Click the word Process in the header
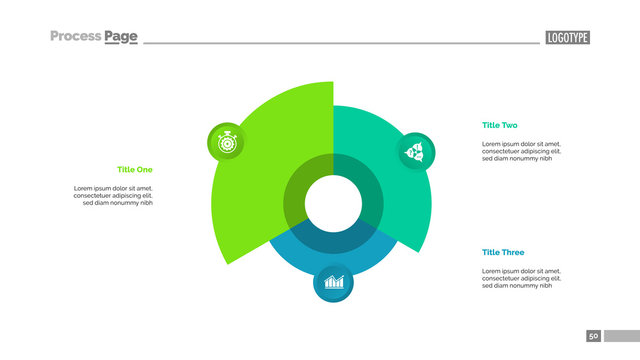[x=75, y=37]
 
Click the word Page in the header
[x=121, y=37]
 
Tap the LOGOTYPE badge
[x=567, y=38]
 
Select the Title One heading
[x=135, y=169]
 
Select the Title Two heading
[x=499, y=125]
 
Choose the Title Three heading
[x=502, y=252]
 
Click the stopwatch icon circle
[x=225, y=142]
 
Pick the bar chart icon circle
[x=333, y=282]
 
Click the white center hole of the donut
[x=333, y=203]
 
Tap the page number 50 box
[x=593, y=336]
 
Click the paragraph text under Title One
[x=113, y=195]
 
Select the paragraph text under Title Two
[x=521, y=151]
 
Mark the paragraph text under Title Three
[x=521, y=278]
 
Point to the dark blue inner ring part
[x=333, y=240]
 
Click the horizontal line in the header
[x=340, y=43]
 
